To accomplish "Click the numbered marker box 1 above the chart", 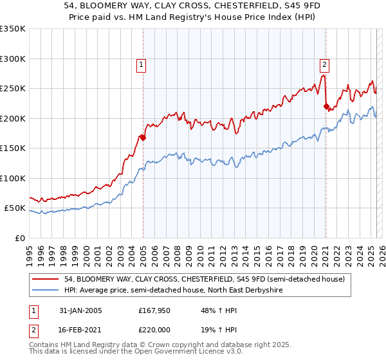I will point(140,64).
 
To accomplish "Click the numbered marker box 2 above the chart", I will point(325,64).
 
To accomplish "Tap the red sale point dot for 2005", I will point(143,137).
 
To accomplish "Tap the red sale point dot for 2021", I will point(326,106).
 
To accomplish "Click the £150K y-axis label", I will point(13,148).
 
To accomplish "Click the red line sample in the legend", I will point(45,279).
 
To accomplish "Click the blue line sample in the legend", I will point(45,290).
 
